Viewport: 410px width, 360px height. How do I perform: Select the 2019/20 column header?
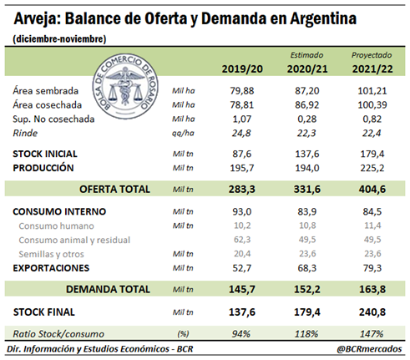tap(242, 69)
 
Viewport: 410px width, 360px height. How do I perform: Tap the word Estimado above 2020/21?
tap(306, 55)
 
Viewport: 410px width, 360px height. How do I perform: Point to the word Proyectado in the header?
tap(372, 55)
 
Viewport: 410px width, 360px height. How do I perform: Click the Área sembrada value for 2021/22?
tap(372, 91)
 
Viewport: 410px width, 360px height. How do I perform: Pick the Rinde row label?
tap(25, 133)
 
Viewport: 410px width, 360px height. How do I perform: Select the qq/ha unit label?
tap(183, 134)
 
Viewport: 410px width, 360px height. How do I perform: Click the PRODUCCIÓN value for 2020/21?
tap(307, 168)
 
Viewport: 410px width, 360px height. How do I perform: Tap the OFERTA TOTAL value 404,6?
tap(372, 190)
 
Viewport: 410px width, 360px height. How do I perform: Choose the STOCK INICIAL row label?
tap(45, 154)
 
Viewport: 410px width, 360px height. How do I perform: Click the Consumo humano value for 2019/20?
tap(242, 226)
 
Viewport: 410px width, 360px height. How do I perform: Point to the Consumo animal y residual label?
tap(74, 240)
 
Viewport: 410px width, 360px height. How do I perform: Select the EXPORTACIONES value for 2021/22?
tap(372, 268)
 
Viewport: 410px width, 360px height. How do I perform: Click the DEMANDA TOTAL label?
tap(108, 289)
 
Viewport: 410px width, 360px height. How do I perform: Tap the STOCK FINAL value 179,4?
tap(307, 312)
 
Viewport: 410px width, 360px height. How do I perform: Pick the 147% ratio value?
tap(372, 333)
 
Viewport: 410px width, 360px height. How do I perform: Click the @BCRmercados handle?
tap(369, 349)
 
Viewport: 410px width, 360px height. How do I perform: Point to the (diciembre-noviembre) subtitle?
tap(59, 39)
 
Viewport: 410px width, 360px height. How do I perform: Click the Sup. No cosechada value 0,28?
tap(307, 119)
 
